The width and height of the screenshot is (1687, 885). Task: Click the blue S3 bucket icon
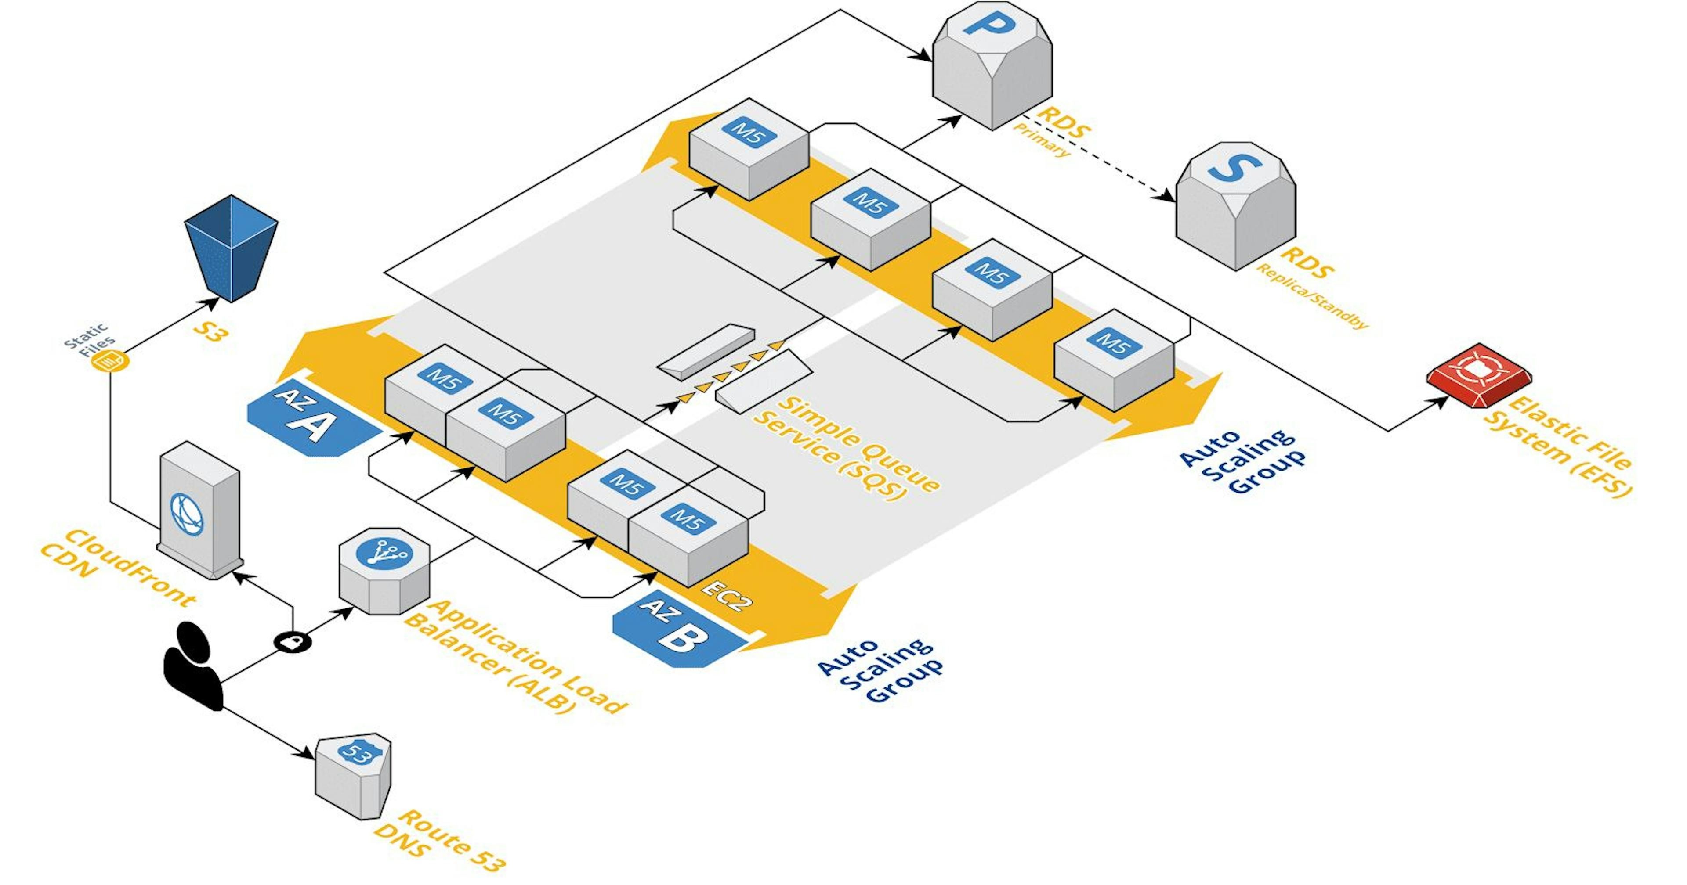[231, 248]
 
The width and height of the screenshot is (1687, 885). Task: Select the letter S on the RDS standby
[1234, 168]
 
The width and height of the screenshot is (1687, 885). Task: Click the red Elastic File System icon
[1478, 374]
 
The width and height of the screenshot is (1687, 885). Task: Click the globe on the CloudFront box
[187, 514]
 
